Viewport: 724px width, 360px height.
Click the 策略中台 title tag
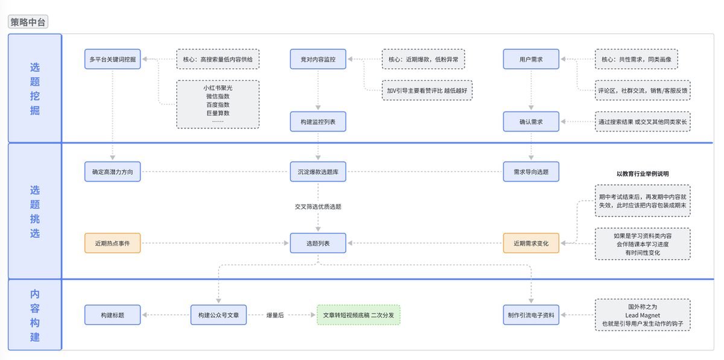click(28, 22)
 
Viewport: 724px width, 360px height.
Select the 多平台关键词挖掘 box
click(112, 59)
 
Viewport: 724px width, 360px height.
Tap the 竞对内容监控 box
click(318, 59)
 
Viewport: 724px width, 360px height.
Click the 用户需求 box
click(531, 59)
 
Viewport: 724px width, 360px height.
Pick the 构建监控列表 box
click(318, 122)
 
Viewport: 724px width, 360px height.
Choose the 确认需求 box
click(531, 122)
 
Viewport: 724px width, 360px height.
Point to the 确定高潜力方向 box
click(112, 172)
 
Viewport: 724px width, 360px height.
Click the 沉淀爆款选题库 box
click(318, 172)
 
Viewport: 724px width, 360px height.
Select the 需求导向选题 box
click(531, 172)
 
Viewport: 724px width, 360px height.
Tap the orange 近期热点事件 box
click(112, 243)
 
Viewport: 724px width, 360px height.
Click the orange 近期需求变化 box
click(531, 243)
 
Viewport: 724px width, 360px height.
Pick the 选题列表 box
click(318, 243)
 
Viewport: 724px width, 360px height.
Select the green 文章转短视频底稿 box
click(358, 315)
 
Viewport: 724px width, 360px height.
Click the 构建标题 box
click(112, 315)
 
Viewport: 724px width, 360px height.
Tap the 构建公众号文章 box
click(218, 315)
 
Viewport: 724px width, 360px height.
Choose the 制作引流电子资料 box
click(531, 315)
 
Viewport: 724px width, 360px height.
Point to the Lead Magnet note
click(643, 315)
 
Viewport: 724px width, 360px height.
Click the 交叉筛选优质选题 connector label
click(318, 206)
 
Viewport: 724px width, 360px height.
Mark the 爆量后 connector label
click(275, 315)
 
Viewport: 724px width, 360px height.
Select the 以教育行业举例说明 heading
click(643, 174)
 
